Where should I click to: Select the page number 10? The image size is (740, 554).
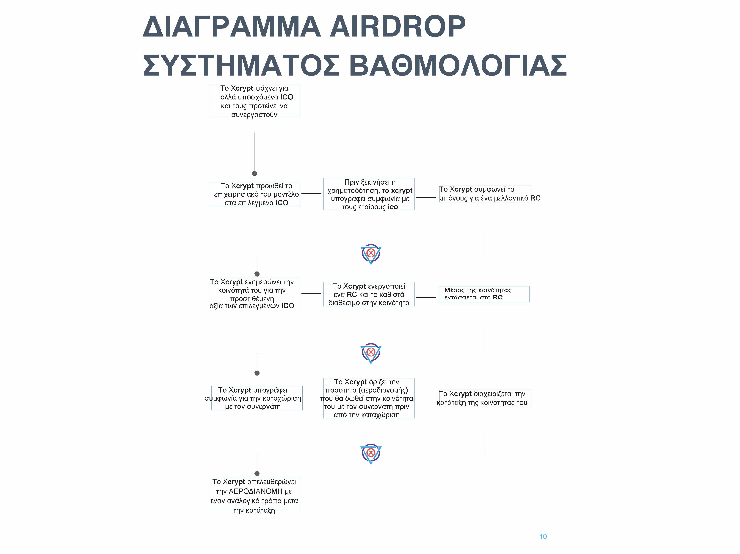click(543, 537)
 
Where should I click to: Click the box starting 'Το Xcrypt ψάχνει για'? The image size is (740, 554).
click(254, 101)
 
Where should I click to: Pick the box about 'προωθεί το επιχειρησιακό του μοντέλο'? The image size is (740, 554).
click(254, 194)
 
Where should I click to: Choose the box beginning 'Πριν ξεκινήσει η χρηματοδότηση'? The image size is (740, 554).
click(369, 194)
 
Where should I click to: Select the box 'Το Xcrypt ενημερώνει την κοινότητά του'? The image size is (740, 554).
click(254, 294)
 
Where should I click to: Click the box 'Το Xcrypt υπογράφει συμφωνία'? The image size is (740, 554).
click(257, 398)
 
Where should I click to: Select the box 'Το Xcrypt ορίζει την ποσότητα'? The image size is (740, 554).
click(369, 398)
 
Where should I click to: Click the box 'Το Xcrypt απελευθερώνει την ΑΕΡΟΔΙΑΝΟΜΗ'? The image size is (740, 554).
click(254, 494)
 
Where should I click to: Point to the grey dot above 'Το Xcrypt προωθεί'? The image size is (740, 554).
click(254, 173)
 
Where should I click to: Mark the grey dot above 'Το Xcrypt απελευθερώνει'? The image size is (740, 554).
click(257, 474)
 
